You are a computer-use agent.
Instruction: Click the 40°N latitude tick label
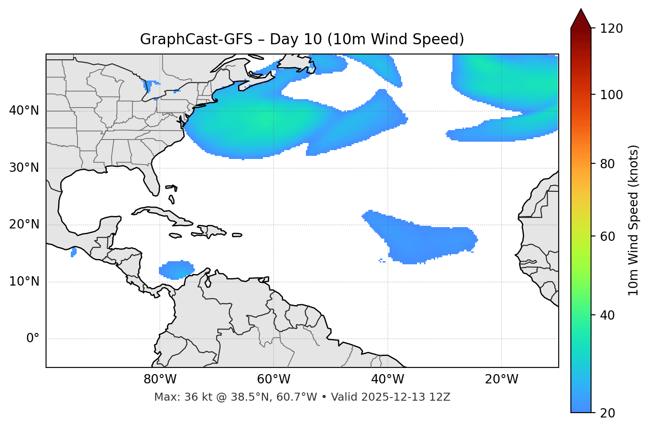pos(24,111)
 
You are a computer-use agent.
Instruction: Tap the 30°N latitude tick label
pos(24,168)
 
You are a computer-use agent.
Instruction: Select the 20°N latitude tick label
pos(24,224)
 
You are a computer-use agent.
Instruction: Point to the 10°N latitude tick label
pos(24,282)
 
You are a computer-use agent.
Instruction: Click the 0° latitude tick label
pos(33,339)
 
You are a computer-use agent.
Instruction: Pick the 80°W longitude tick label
pos(160,379)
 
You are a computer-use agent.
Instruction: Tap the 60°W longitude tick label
pos(274,379)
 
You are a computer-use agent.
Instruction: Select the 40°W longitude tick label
pos(387,379)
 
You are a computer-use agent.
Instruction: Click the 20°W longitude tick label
pos(502,379)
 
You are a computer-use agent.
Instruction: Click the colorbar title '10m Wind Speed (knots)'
pos(634,220)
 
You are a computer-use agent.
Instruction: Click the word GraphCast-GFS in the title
pos(196,39)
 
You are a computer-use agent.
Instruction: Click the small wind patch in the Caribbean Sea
pos(177,270)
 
